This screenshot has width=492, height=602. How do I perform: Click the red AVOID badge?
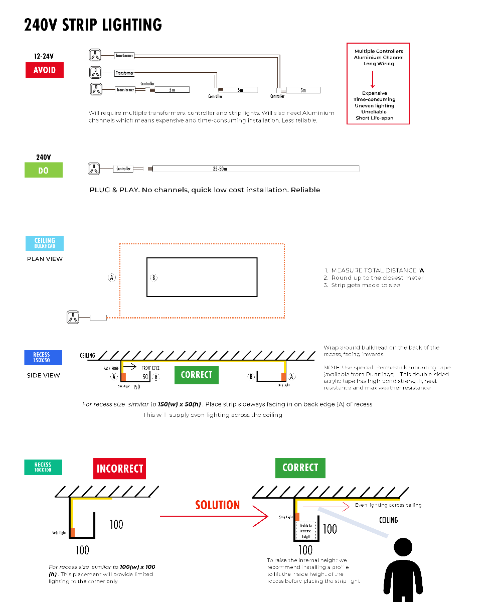(x=45, y=70)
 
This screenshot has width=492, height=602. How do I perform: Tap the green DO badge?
(x=44, y=170)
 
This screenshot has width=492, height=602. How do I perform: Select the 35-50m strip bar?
(x=256, y=169)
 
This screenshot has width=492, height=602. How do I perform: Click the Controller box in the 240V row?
(x=123, y=169)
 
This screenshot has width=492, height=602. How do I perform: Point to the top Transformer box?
(x=124, y=56)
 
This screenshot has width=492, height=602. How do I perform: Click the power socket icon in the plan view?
(x=73, y=317)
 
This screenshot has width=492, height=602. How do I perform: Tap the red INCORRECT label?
(x=119, y=469)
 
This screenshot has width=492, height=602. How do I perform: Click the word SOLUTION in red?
(x=217, y=505)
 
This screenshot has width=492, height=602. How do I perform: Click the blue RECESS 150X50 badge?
(x=44, y=358)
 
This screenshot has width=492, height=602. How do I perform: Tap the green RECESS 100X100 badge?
(x=43, y=468)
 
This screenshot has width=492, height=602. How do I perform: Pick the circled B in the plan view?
(x=154, y=277)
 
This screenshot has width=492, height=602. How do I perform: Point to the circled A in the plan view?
(x=112, y=277)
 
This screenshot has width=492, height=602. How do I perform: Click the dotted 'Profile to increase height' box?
(x=306, y=531)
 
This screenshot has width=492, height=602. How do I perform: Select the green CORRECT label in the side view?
(x=197, y=375)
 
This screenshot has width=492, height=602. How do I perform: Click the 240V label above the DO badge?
(x=44, y=158)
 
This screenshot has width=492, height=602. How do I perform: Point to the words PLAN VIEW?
(x=45, y=259)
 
